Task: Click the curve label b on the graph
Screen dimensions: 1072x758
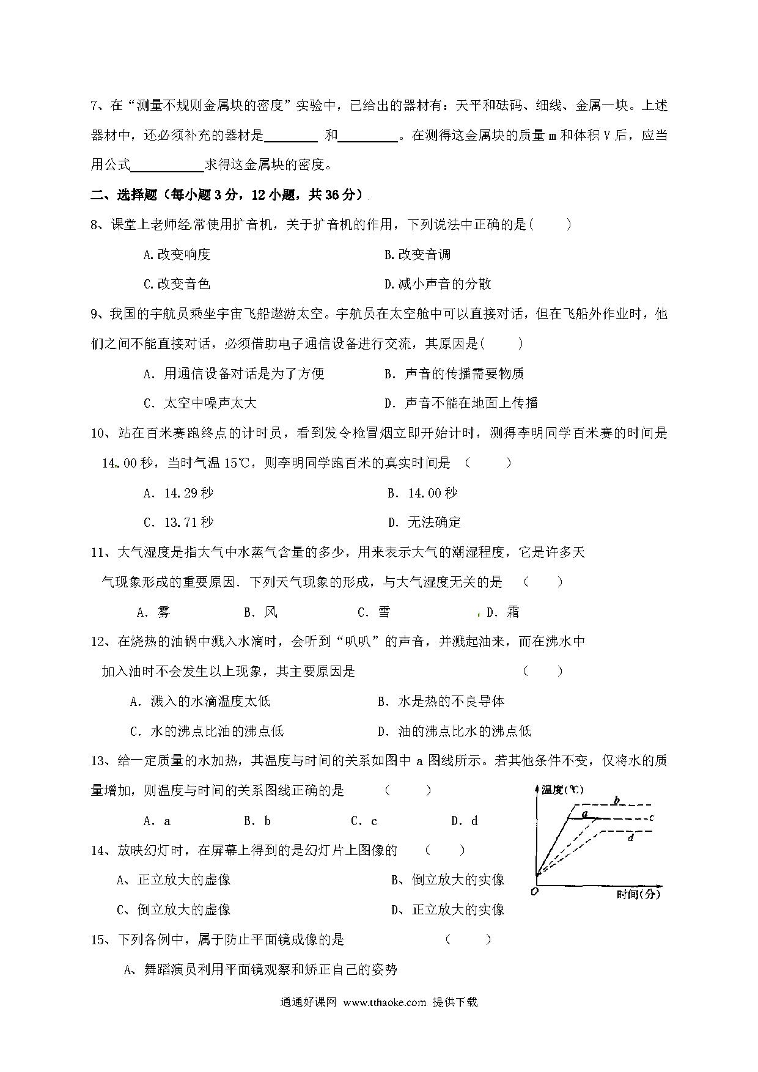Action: (x=617, y=800)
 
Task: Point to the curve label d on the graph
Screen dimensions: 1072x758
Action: (x=630, y=838)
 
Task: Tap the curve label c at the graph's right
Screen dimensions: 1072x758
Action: (x=652, y=817)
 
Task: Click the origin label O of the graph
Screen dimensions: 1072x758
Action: (x=535, y=892)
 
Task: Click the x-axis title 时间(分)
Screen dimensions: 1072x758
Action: (x=638, y=894)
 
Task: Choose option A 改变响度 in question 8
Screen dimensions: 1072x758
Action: (x=177, y=255)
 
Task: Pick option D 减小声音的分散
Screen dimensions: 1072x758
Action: (x=438, y=284)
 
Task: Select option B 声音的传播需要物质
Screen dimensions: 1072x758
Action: (x=454, y=373)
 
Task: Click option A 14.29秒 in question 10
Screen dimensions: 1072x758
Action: (x=178, y=493)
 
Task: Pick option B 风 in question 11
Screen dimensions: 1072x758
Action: (x=261, y=612)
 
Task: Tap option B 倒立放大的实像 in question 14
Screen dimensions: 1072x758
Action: (x=448, y=880)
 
